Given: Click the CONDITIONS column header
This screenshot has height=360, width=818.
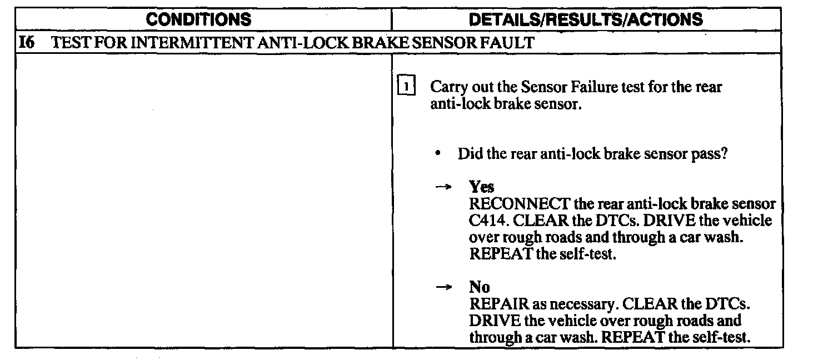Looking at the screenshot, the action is (x=199, y=20).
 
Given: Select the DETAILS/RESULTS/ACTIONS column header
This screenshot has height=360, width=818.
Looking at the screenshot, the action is (x=586, y=20).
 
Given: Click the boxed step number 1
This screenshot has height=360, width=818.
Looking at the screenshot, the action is (x=406, y=88).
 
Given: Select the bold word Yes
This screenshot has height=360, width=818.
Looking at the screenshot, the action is (x=481, y=187).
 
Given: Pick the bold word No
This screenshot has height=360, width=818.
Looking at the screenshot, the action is (x=479, y=287).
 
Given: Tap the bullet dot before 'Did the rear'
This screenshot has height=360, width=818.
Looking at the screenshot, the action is (x=439, y=154).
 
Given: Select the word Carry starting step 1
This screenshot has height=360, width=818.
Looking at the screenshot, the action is (x=447, y=87).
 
